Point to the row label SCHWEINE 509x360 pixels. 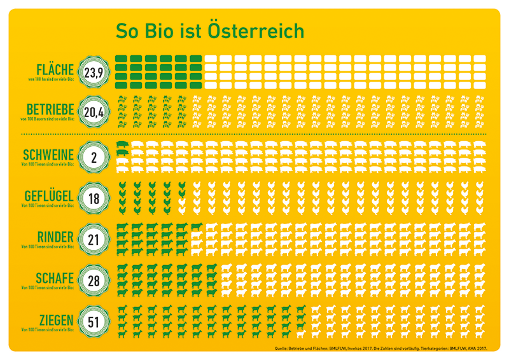click(48, 155)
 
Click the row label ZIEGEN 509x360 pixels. click(55, 319)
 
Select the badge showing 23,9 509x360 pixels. click(94, 73)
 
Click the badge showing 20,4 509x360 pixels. click(94, 113)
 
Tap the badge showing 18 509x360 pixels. click(94, 199)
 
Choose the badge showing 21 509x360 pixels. click(94, 240)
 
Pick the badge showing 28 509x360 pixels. click(94, 281)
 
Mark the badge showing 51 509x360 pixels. click(94, 323)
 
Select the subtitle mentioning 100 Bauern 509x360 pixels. click(48, 119)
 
